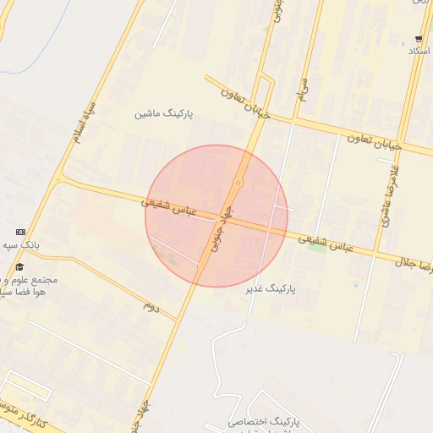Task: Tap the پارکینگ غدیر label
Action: pyautogui.click(x=272, y=289)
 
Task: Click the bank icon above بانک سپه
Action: pyautogui.click(x=20, y=232)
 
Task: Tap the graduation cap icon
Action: pyautogui.click(x=19, y=267)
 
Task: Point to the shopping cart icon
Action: pyautogui.click(x=419, y=39)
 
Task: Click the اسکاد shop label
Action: pyautogui.click(x=419, y=52)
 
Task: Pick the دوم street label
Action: pyautogui.click(x=151, y=304)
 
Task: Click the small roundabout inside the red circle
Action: pyautogui.click(x=239, y=184)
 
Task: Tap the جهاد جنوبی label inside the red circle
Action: pyautogui.click(x=219, y=233)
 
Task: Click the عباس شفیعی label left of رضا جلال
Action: pyautogui.click(x=326, y=242)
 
